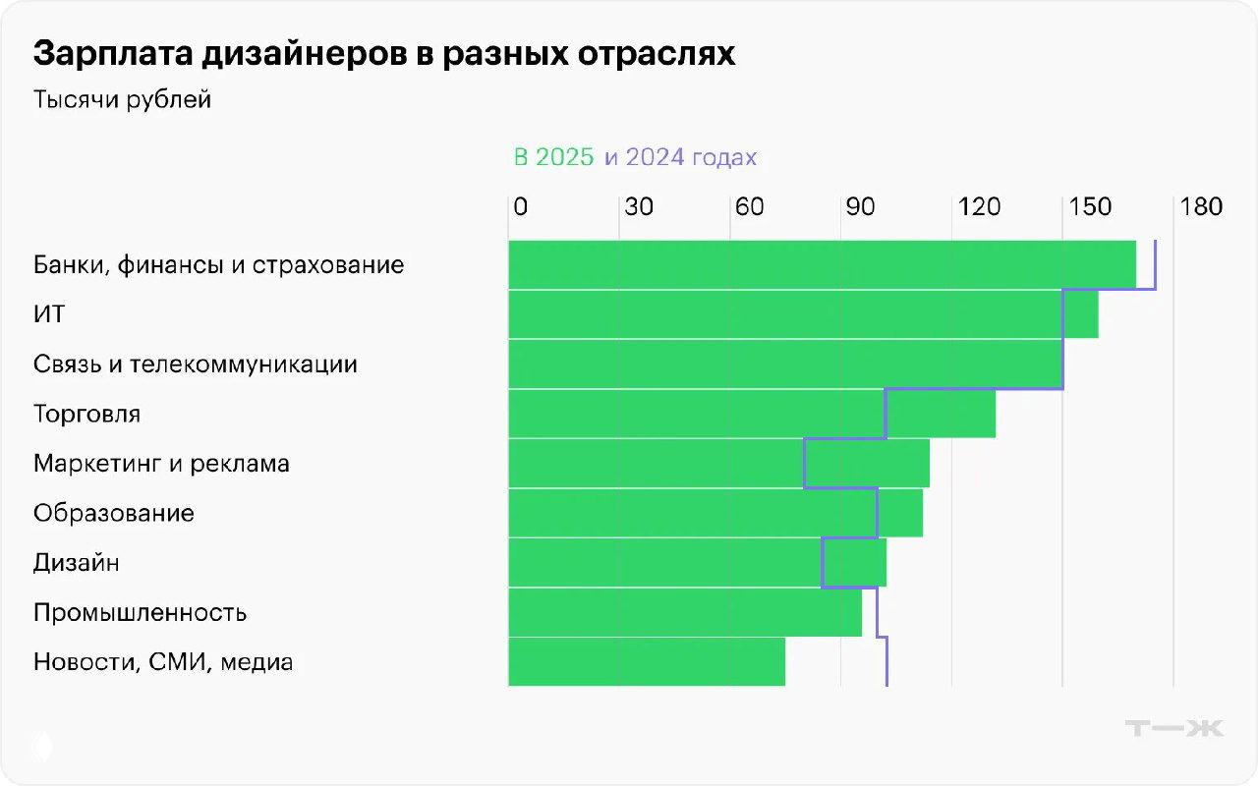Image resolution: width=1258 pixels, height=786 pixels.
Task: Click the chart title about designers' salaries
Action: [x=383, y=54]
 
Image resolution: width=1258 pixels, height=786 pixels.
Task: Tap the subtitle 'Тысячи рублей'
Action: [x=122, y=100]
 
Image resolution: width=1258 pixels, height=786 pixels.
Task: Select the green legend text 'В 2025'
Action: [x=553, y=157]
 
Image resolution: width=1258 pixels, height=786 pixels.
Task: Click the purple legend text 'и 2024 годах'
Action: [x=680, y=157]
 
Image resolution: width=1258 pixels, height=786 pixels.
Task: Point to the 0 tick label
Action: [x=520, y=207]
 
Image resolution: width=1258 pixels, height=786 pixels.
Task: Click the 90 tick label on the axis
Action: [x=860, y=207]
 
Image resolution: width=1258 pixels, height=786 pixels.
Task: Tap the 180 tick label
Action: [x=1202, y=207]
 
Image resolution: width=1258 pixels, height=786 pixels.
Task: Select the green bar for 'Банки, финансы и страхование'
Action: [x=822, y=265]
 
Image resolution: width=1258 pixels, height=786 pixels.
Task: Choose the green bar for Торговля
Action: [x=752, y=414]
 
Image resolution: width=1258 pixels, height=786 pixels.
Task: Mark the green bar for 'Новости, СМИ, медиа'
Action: [x=647, y=662]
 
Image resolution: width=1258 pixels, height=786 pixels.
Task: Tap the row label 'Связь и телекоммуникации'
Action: [x=195, y=365]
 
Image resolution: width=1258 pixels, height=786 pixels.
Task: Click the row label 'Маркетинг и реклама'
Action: [x=161, y=464]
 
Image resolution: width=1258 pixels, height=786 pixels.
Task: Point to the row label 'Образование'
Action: [x=113, y=513]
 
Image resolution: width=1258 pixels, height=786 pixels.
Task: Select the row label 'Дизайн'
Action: [x=76, y=563]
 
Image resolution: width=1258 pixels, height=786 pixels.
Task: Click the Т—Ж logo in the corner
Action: [x=1173, y=728]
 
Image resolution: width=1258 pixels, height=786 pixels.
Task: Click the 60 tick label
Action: [x=749, y=207]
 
